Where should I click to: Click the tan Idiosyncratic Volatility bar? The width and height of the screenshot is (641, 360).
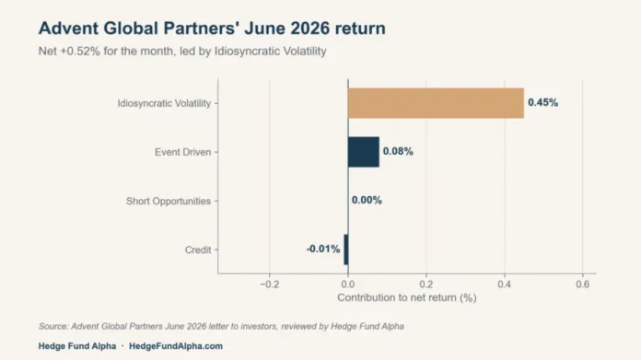pyautogui.click(x=436, y=103)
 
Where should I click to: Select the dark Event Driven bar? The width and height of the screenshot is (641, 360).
pyautogui.click(x=364, y=152)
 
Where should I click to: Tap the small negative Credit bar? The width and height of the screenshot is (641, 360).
pyautogui.click(x=346, y=250)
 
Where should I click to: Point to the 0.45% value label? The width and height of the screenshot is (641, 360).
pyautogui.click(x=542, y=102)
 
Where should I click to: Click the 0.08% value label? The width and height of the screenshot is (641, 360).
pyautogui.click(x=398, y=152)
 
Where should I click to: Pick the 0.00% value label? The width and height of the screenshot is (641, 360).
pyautogui.click(x=367, y=200)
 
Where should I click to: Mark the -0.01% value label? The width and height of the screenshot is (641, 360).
pyautogui.click(x=323, y=249)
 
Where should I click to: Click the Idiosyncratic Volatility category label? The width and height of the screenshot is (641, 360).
pyautogui.click(x=164, y=103)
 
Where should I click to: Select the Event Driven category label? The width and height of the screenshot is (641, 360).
pyautogui.click(x=182, y=152)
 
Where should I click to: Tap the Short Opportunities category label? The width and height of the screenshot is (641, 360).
pyautogui.click(x=169, y=201)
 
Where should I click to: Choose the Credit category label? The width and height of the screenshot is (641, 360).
pyautogui.click(x=198, y=250)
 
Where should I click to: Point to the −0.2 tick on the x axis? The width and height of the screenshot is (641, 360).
pyautogui.click(x=270, y=284)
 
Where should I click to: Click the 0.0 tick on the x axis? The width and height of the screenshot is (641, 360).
pyautogui.click(x=348, y=284)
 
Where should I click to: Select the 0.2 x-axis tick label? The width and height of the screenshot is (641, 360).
pyautogui.click(x=426, y=284)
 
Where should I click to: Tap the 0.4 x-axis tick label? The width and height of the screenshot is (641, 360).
pyautogui.click(x=505, y=284)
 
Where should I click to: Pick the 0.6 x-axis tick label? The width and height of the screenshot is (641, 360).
pyautogui.click(x=583, y=284)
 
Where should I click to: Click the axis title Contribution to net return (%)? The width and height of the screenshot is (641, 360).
pyautogui.click(x=407, y=298)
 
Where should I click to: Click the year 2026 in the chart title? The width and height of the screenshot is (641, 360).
pyautogui.click(x=309, y=29)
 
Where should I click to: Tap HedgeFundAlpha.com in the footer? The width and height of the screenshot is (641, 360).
pyautogui.click(x=176, y=346)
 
